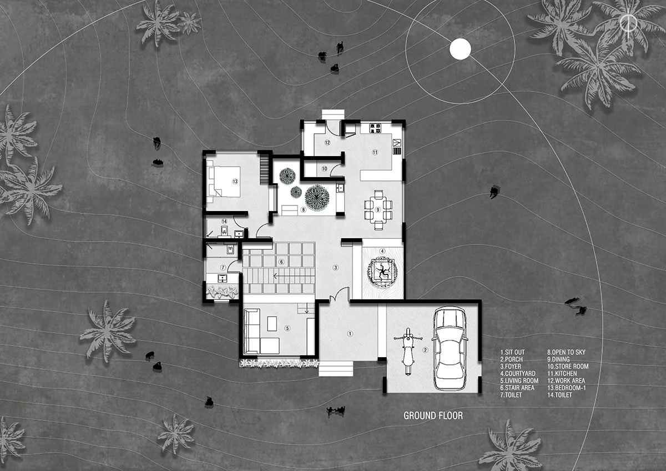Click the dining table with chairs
(377, 209)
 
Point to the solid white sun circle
(460, 49)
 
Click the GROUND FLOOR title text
(433, 415)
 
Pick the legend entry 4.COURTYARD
(519, 374)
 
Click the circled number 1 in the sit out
(350, 334)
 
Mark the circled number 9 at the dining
(377, 209)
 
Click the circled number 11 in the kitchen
(375, 152)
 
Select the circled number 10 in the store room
(324, 168)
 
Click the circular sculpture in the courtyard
(381, 272)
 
